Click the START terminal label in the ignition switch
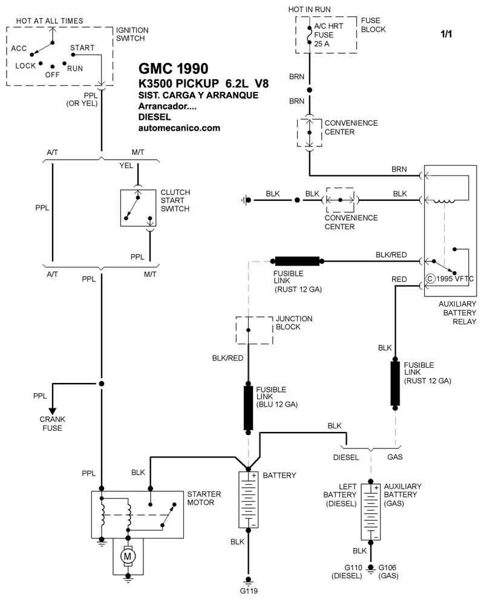click(x=82, y=47)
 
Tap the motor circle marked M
click(x=128, y=554)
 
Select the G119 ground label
click(x=248, y=591)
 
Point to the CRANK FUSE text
click(x=53, y=424)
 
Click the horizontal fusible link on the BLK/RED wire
click(x=297, y=261)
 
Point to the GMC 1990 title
click(x=174, y=67)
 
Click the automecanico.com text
click(x=179, y=128)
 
